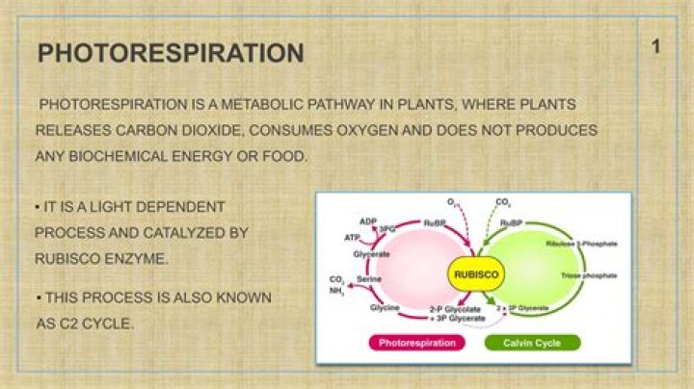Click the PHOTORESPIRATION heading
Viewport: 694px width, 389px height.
tap(171, 53)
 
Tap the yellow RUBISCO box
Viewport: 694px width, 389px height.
tap(475, 274)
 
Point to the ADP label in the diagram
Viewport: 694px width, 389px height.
tap(367, 221)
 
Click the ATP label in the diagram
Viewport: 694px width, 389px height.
tap(353, 237)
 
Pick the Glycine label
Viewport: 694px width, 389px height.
tap(371, 307)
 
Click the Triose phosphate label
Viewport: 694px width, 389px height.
tap(589, 276)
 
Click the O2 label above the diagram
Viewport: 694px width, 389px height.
tap(453, 202)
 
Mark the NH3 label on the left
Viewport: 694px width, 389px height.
tap(336, 290)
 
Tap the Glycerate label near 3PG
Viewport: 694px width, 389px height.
tap(371, 254)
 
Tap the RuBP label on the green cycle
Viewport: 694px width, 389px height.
tap(512, 222)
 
